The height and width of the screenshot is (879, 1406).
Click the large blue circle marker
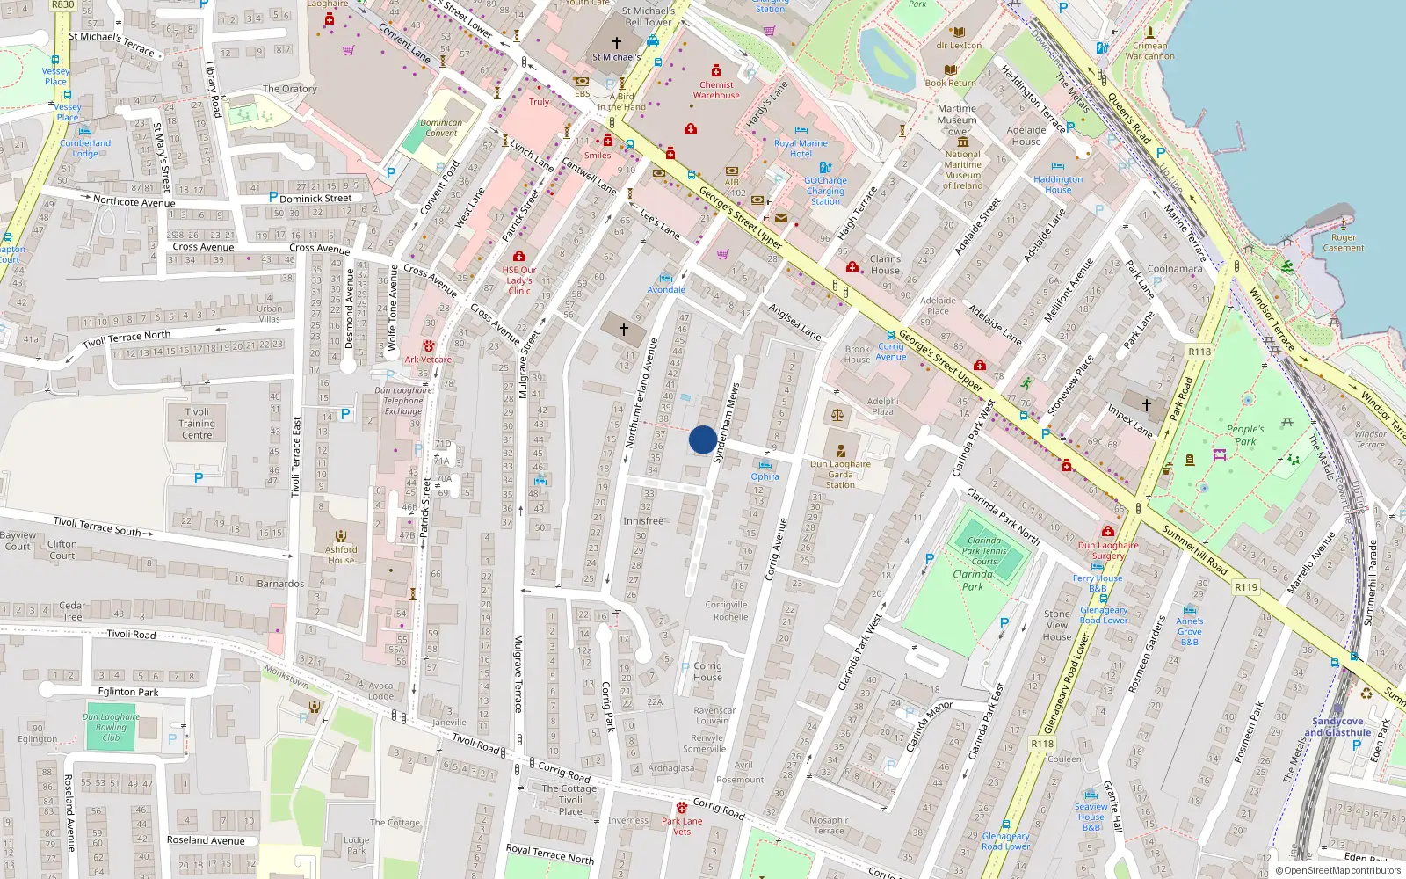pos(702,439)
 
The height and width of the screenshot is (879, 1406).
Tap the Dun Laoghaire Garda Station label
pos(840,474)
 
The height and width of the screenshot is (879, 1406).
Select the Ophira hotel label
pos(765,476)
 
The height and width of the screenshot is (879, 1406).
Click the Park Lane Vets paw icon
pos(681,807)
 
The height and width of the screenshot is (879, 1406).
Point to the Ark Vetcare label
pos(428,359)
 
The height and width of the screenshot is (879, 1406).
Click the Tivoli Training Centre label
pos(197,423)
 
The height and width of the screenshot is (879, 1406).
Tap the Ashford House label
pos(341,555)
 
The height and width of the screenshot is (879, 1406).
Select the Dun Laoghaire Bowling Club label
pos(112,727)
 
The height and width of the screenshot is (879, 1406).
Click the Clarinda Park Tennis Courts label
pos(984,551)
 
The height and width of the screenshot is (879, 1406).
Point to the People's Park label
pos(1245,435)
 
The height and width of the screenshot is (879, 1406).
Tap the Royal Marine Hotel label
pos(801,148)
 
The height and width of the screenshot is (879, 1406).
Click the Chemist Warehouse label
pos(716,90)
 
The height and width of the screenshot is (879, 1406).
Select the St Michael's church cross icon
pos(617,42)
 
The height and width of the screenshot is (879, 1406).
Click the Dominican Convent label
pos(441,128)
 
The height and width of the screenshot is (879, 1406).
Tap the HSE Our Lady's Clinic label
pos(519,280)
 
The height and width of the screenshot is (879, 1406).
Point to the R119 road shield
pos(1246,586)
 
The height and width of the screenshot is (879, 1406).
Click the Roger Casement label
pos(1344,243)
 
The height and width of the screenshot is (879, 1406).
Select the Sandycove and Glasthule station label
pos(1337,726)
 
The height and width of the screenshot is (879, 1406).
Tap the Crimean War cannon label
pos(1149,51)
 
